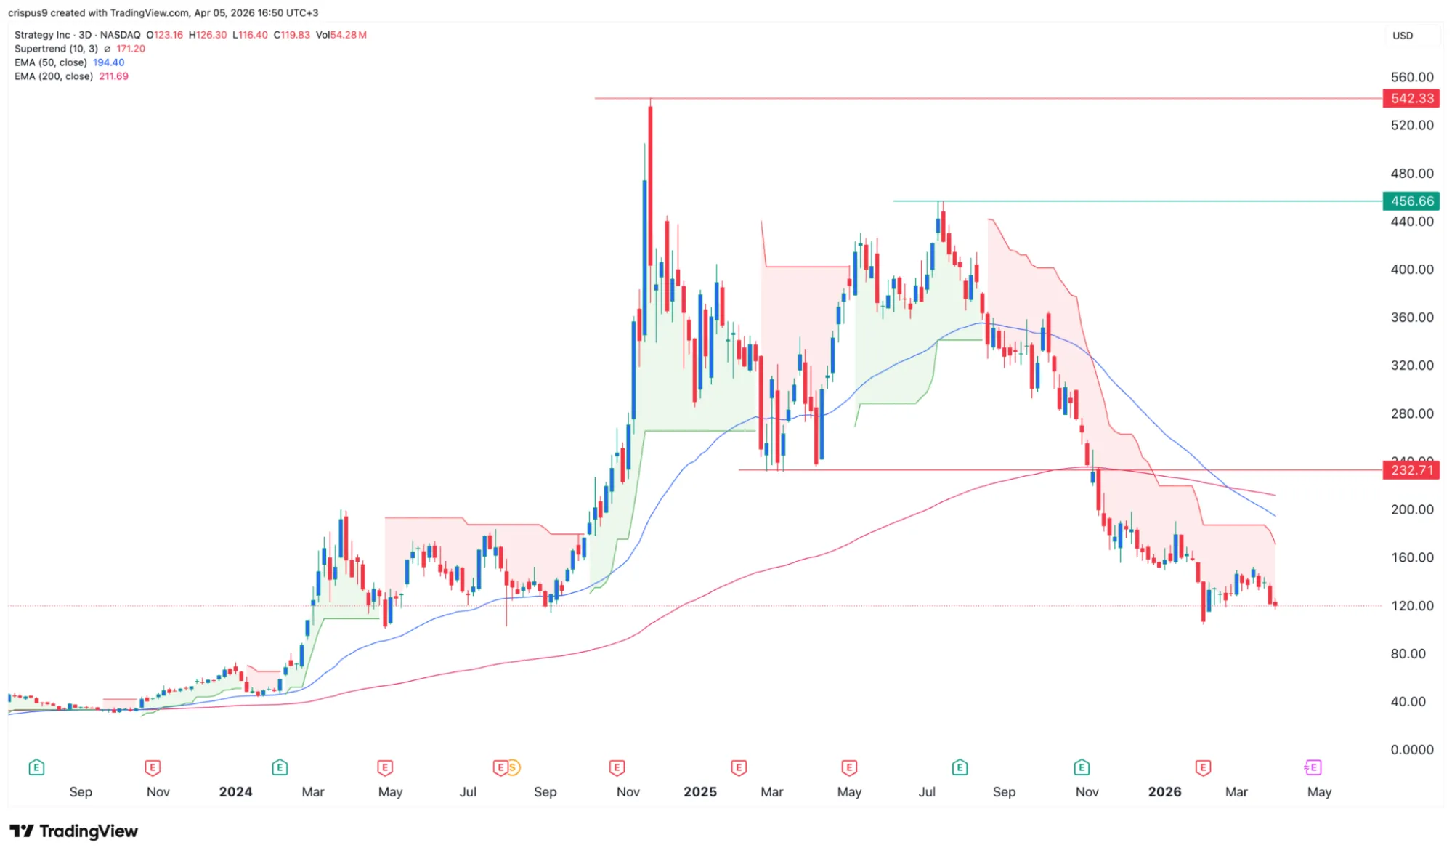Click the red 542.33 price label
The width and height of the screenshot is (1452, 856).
(1411, 98)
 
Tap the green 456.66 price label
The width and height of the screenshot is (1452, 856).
(1411, 201)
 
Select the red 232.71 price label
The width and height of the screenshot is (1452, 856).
(1411, 470)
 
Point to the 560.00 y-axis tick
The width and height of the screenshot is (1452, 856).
(1411, 77)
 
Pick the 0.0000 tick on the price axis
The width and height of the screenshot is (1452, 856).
(1411, 749)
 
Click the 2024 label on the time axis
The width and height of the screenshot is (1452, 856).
(235, 791)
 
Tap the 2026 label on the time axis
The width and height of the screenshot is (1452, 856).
(1164, 791)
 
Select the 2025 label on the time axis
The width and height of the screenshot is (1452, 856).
(699, 791)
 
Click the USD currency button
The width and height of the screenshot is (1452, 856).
(1403, 36)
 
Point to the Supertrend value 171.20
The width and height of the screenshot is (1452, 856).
(131, 49)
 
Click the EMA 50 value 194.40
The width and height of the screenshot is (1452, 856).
(108, 62)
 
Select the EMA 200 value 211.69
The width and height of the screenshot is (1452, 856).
(113, 76)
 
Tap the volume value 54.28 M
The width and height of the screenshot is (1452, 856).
(348, 35)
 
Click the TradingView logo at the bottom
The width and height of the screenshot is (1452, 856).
(73, 831)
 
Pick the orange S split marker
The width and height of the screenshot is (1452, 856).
(513, 767)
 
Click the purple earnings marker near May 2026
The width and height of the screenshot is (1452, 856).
(1312, 767)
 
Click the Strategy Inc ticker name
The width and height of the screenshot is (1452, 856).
(42, 35)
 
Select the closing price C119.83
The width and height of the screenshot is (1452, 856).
(291, 35)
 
